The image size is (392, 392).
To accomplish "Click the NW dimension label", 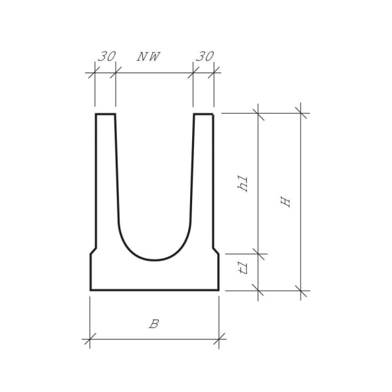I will pos(148,57).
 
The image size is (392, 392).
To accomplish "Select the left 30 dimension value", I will pos(106,57).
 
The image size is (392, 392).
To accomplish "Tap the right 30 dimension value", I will pos(204,57).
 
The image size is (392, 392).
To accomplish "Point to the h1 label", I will pos(243,183).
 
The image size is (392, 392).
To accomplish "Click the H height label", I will pos(286,201).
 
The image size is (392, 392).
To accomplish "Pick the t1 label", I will pos(243,269).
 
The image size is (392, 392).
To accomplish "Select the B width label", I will pos(154,324).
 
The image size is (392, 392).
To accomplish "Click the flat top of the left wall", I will pos(105,114).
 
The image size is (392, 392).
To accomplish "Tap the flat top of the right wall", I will pos(203,114).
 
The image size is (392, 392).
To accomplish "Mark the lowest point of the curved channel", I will pos(154,260).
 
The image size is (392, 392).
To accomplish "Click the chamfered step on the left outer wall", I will pos(93,250).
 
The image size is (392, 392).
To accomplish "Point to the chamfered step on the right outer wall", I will pos(216,250).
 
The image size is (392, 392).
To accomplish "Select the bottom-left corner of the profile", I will pos(91,289).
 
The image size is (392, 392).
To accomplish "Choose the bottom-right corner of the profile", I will pos(218,289).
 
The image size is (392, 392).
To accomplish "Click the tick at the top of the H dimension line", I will pos(301,113).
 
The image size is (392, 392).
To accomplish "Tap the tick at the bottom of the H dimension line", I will pos(301,289).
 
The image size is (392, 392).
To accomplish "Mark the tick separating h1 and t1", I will pos(259,253).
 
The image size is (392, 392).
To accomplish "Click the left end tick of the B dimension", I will pos(90,338).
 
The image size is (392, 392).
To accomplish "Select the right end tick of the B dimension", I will pos(219,338).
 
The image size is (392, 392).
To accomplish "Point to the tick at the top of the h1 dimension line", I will pos(259,113).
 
